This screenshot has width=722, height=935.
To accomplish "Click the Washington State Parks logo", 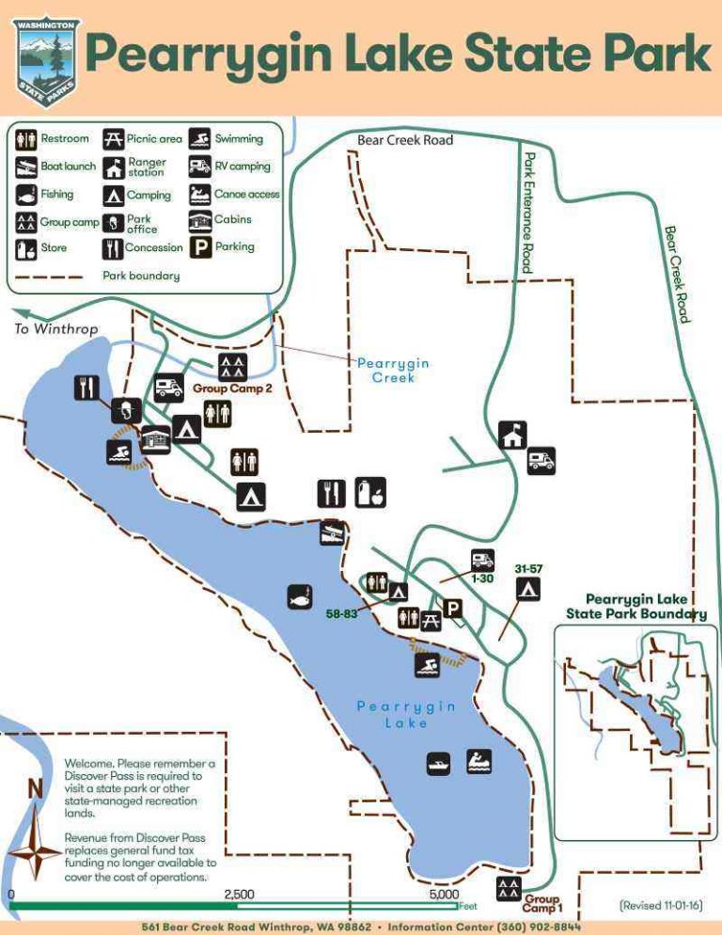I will pos(47,57).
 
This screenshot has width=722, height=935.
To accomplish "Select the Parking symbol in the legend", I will pos(199,247).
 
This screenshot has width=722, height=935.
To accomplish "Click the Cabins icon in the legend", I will pos(199,221).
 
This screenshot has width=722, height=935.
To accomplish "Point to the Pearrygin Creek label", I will pos(393,370).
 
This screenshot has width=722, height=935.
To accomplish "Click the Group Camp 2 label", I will pos(232,388).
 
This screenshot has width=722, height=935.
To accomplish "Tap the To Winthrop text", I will pos(56,329).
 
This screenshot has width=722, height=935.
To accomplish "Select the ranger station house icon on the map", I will pos(512,434).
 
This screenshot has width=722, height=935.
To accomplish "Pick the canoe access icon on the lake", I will pos(479,761).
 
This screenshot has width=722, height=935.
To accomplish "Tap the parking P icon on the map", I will pos(452,609).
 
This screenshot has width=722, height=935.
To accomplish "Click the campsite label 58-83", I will pos(341,613).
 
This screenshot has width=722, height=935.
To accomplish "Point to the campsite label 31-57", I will pos(529,569).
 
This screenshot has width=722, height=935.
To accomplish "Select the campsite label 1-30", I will pos(482,578).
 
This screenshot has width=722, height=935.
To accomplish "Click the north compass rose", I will pos(37,849).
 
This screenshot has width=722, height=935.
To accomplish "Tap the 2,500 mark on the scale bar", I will pos(239,895).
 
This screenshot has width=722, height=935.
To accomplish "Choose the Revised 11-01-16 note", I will pos(661,905).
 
